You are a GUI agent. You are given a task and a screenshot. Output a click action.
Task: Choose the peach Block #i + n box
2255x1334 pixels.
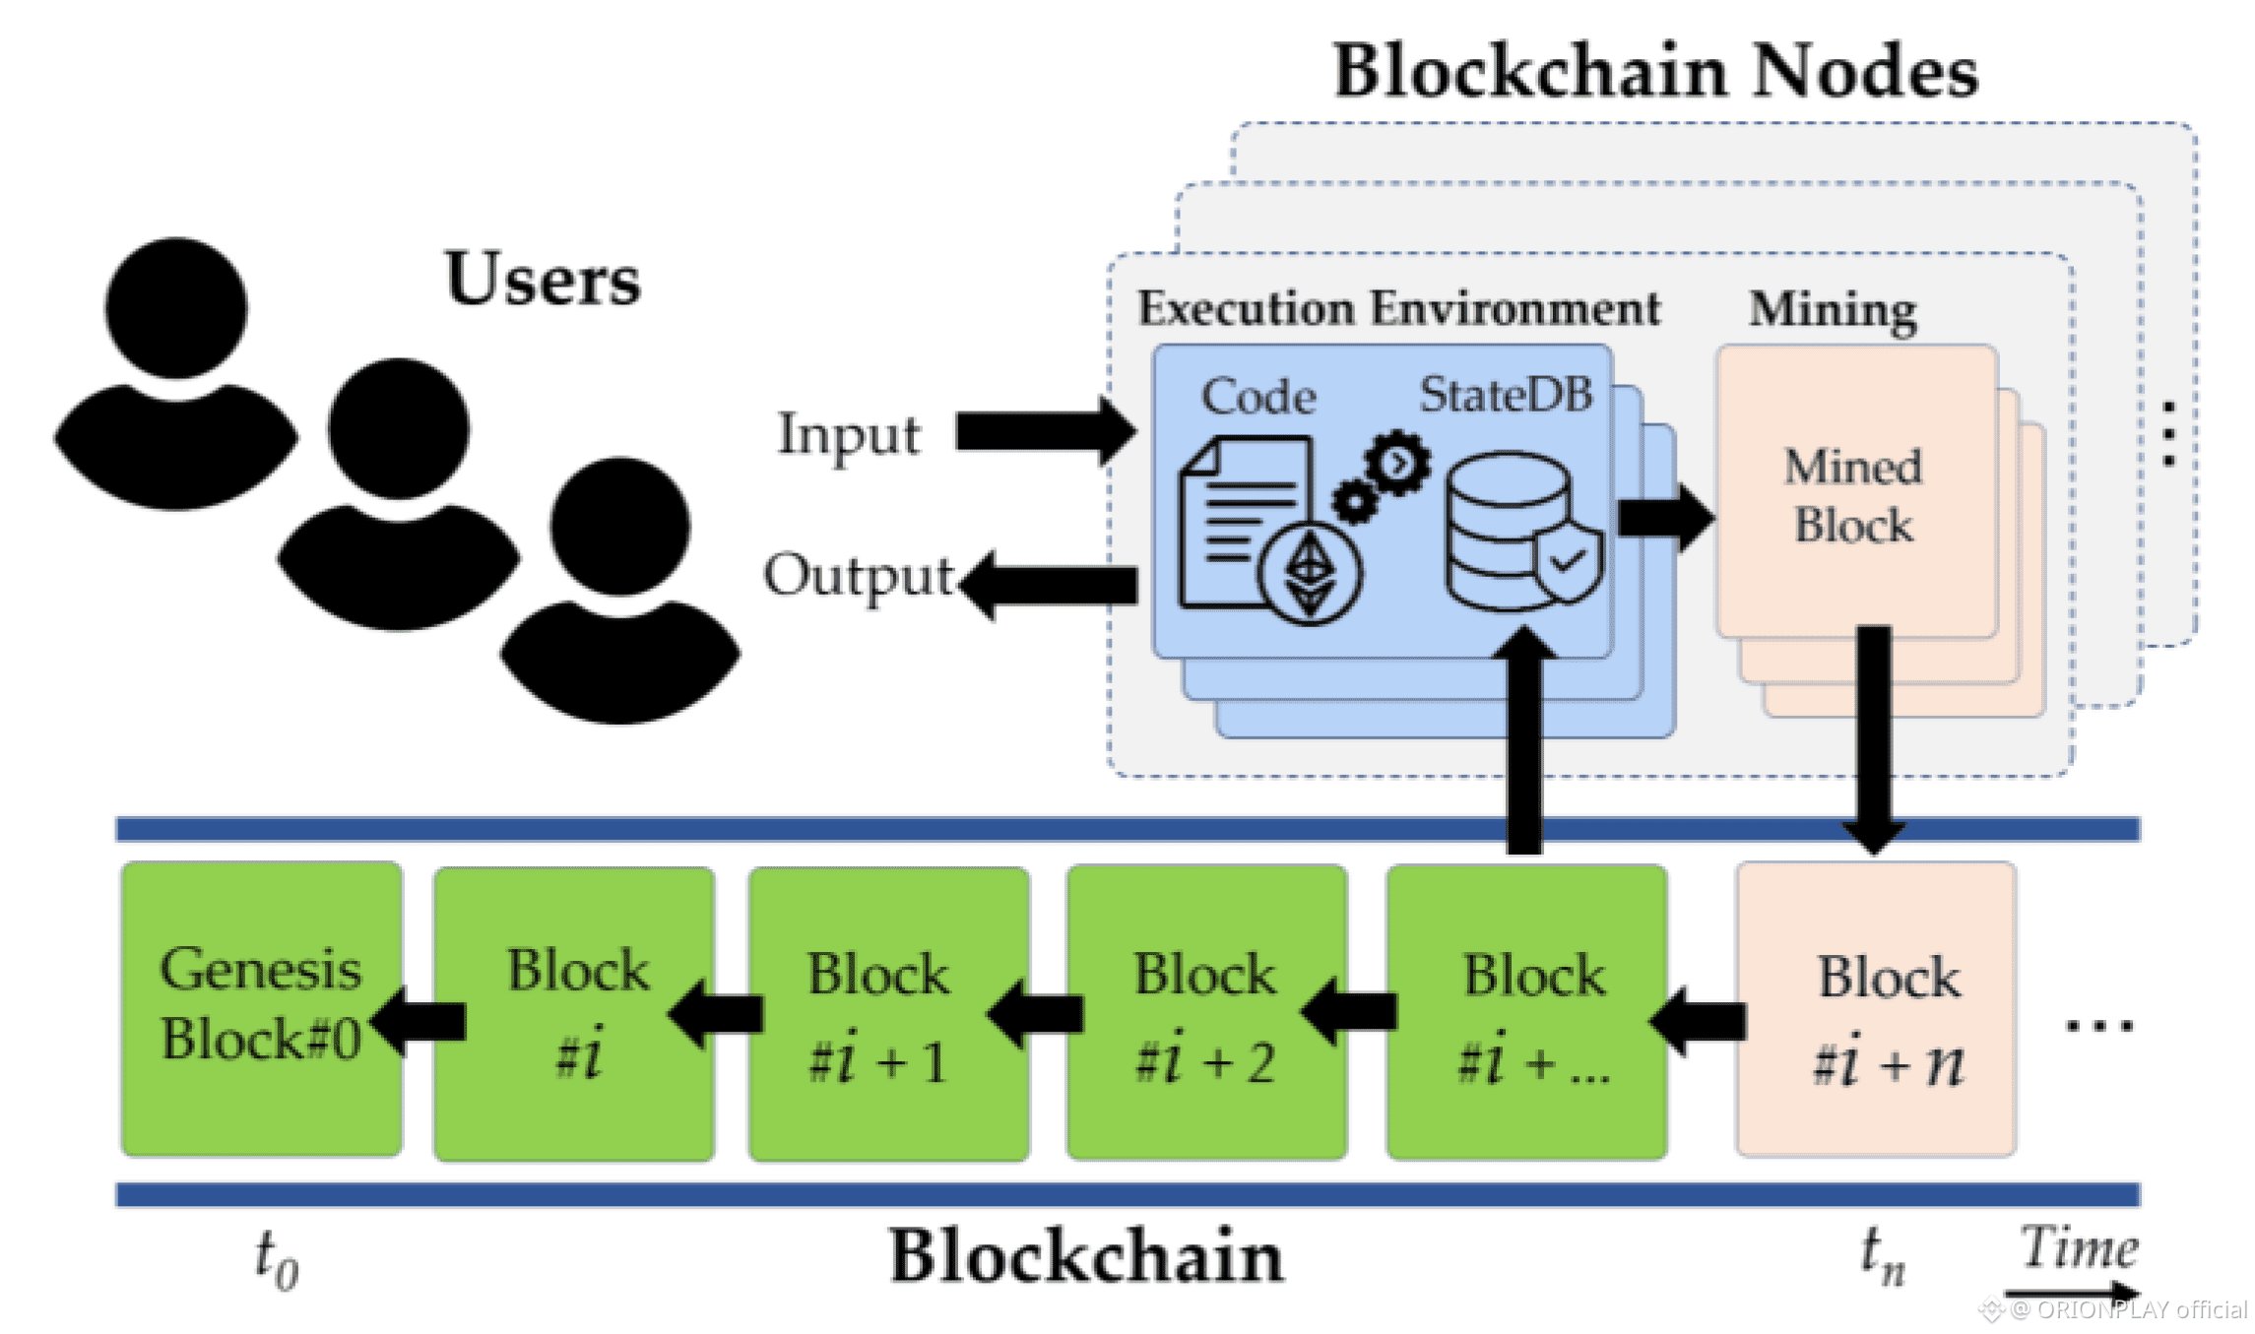coord(1876,1009)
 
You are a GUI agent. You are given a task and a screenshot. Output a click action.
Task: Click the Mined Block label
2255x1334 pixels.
coord(1853,495)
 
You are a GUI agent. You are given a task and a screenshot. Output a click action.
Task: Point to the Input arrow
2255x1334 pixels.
coord(1044,431)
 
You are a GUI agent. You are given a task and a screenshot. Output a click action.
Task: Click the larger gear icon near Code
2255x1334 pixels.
coord(1398,462)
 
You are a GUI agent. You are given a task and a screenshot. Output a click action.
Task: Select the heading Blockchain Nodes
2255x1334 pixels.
coord(1654,71)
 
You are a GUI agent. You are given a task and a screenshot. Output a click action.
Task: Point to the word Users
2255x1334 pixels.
coord(542,279)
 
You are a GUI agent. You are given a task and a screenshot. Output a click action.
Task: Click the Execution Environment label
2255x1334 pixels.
coord(1398,308)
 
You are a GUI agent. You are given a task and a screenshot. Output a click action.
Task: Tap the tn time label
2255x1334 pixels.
coord(1882,1256)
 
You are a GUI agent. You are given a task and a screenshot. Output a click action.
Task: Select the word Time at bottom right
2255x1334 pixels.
coord(2078,1248)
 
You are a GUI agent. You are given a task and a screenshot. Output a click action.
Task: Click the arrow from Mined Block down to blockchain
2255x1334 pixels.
coord(1873,738)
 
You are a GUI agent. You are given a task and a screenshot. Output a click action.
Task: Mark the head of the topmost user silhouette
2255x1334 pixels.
coord(176,307)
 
